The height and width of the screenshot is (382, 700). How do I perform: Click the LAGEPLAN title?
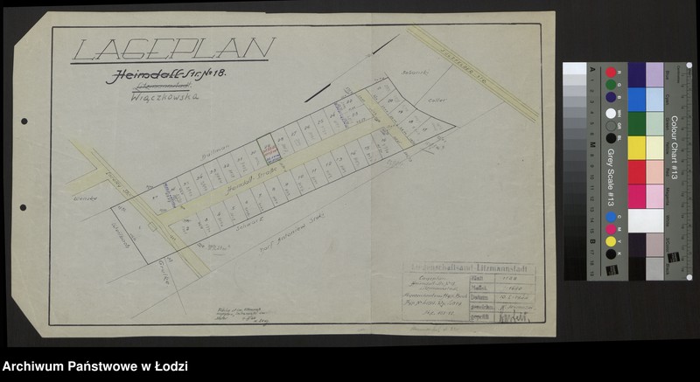174,50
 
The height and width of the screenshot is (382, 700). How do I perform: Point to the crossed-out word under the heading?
150,89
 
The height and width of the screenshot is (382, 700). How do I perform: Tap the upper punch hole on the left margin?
24,122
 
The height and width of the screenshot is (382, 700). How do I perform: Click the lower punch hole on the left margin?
24,263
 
